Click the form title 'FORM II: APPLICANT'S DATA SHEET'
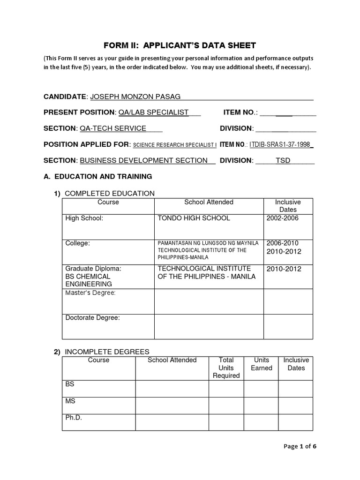[180, 45]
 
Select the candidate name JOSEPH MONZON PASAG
[135, 97]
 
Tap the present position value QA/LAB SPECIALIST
[154, 112]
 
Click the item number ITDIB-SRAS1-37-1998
[280, 145]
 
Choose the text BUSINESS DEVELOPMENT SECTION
[144, 160]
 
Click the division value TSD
[283, 160]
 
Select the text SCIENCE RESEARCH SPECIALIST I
[175, 145]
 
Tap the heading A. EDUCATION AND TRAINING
[97, 177]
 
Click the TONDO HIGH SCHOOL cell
[194, 218]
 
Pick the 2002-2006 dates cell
[282, 218]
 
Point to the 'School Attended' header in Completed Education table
[209, 202]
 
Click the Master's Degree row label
[90, 293]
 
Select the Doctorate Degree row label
[93, 318]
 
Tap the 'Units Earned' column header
[261, 364]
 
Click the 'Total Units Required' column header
[226, 367]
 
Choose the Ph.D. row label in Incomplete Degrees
[73, 418]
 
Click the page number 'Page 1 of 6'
[300, 446]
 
